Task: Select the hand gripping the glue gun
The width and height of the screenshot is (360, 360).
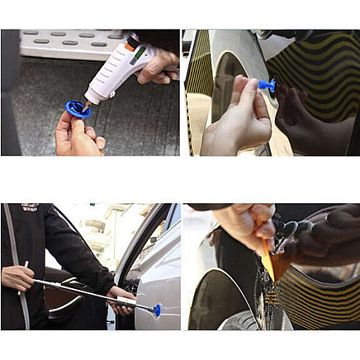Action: click(x=159, y=66)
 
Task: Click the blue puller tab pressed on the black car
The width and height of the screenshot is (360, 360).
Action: click(x=266, y=84)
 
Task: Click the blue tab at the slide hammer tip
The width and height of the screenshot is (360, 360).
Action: click(x=156, y=310)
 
